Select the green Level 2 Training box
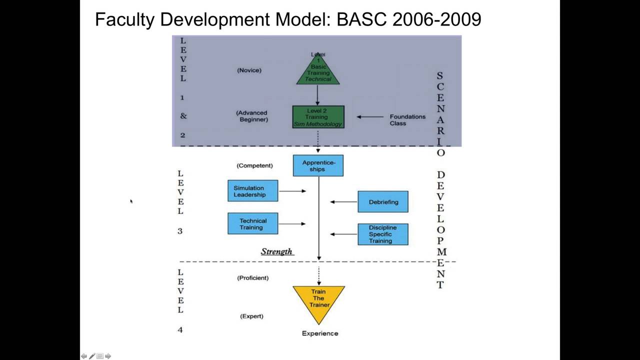[x=318, y=117]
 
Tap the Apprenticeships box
[x=318, y=165]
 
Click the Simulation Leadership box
[x=252, y=191]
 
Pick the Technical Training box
[x=252, y=223]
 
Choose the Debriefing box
[x=383, y=202]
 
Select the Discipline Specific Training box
[x=383, y=234]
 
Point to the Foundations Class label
[x=407, y=120]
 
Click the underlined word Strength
[x=276, y=251]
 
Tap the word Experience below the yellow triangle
[x=320, y=333]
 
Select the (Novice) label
[x=249, y=70]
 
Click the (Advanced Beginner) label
[x=252, y=116]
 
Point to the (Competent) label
[x=254, y=165]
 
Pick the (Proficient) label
[x=252, y=278]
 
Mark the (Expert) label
[x=251, y=316]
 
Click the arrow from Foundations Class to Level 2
[x=369, y=117]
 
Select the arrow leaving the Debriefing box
[x=343, y=202]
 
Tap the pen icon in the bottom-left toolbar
[x=92, y=356]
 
